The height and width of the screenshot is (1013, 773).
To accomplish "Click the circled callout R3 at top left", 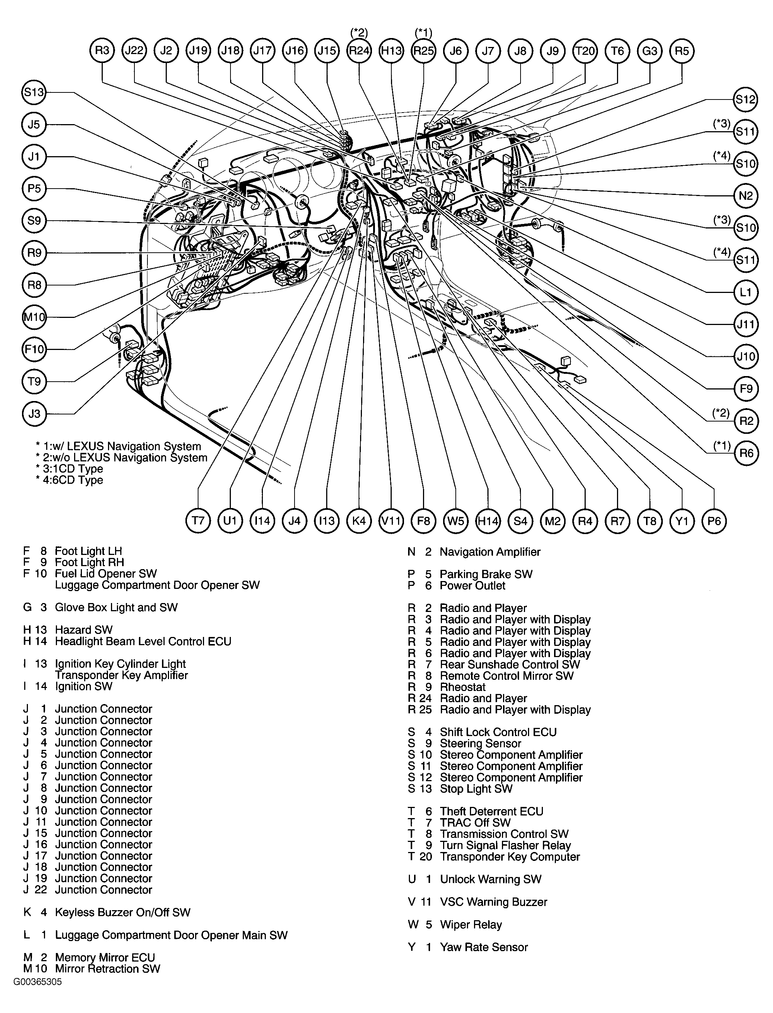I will (x=102, y=50).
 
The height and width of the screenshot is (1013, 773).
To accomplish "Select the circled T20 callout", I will (x=585, y=50).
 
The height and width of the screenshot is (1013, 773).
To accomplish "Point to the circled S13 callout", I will (x=34, y=92).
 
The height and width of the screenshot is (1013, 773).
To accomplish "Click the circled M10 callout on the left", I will (x=34, y=317).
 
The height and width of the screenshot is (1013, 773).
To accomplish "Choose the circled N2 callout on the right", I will (x=745, y=196).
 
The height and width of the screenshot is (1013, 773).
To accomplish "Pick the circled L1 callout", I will (x=745, y=292).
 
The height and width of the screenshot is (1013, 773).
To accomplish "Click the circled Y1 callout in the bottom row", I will (x=681, y=521).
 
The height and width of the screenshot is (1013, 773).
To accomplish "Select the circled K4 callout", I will (x=359, y=521).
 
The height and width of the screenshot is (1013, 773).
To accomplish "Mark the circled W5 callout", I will (x=455, y=521).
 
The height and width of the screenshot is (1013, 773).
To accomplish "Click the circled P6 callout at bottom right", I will (x=714, y=521).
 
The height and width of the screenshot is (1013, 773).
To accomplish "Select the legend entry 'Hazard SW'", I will (x=83, y=630).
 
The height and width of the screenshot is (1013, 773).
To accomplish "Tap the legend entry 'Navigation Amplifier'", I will (x=490, y=552).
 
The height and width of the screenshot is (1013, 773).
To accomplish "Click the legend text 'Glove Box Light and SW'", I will (x=116, y=608).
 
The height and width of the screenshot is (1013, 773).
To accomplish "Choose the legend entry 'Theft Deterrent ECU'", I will (x=491, y=811).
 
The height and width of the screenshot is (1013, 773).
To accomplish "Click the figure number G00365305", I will (x=37, y=981).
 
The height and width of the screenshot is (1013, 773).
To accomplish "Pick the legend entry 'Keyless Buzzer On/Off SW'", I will (x=123, y=912).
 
